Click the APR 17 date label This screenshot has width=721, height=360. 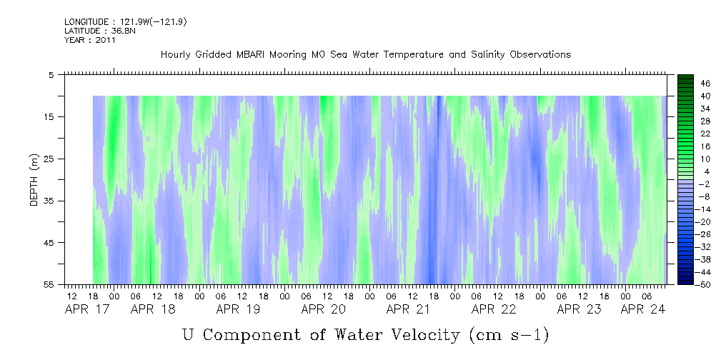(87, 309)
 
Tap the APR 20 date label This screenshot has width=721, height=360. (323, 309)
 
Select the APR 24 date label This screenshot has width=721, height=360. (643, 309)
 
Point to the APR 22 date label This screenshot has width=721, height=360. (494, 309)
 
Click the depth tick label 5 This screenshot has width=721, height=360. (51, 75)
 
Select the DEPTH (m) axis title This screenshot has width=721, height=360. (34, 180)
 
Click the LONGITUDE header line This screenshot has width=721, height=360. (126, 22)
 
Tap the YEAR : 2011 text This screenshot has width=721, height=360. (90, 40)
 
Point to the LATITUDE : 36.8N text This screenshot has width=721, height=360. (100, 31)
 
